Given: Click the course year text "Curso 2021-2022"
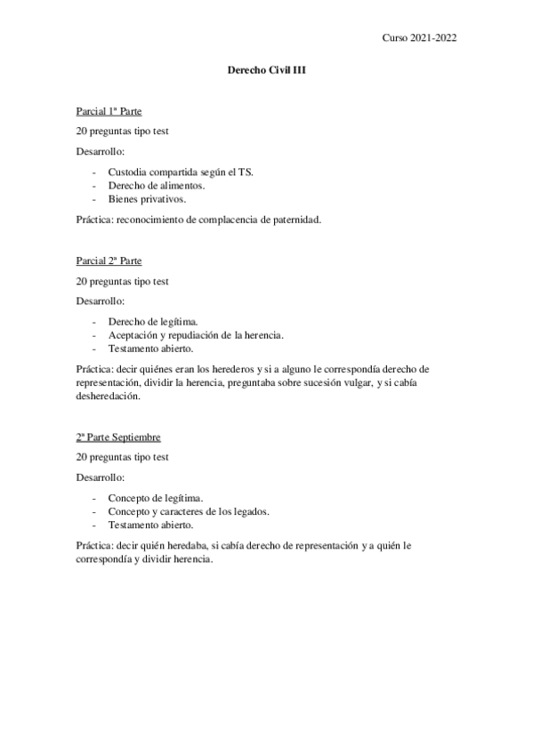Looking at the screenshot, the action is tap(420, 38).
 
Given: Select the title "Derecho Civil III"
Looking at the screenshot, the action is tap(266, 79).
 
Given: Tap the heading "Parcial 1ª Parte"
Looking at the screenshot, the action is tap(109, 112).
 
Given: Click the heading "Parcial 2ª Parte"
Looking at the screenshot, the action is tap(109, 261).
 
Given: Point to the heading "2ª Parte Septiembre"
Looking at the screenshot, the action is tap(117, 438).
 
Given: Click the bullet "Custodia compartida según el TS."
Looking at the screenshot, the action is tap(180, 171).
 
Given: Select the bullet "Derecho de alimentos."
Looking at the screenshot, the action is tap(156, 185).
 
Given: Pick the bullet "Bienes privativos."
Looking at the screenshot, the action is tap(147, 199).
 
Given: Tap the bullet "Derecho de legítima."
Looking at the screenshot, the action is tap(153, 320).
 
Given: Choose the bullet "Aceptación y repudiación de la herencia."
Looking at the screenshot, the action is tap(196, 334).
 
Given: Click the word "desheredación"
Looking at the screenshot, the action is tap(109, 397).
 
